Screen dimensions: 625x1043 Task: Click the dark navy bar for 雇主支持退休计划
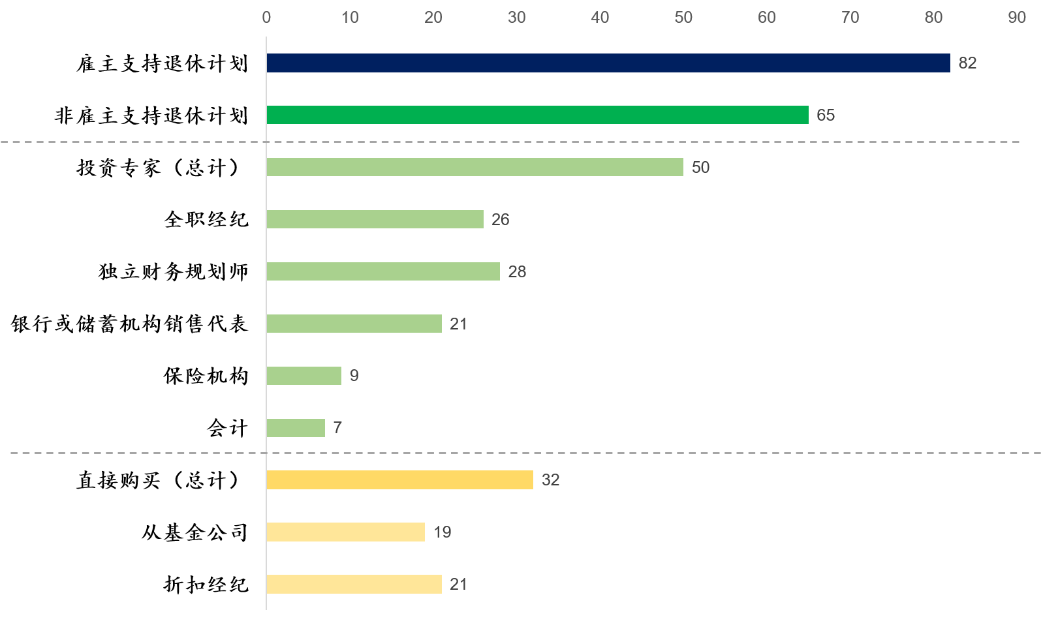[608, 63]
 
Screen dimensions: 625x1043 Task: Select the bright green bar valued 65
[537, 115]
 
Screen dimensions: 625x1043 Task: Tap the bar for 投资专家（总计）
[475, 167]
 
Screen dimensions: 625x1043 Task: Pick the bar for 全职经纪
[375, 219]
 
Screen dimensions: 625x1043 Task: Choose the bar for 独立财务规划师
[383, 271]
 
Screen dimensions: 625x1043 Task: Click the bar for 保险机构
[304, 376]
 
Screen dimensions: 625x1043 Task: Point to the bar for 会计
[296, 428]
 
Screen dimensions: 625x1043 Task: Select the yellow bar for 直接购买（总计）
[399, 480]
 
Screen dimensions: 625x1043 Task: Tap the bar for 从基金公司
[345, 532]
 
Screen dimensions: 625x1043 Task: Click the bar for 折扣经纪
[354, 584]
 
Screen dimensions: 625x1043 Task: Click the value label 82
[967, 63]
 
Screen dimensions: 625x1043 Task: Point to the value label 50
[700, 168]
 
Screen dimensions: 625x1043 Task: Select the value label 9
[354, 376]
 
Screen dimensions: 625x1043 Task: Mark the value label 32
[550, 480]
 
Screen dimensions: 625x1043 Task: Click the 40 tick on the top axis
[600, 18]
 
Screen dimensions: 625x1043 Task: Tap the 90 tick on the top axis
[1016, 18]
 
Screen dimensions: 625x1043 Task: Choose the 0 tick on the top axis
[266, 18]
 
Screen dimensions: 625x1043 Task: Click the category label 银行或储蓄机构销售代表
[129, 324]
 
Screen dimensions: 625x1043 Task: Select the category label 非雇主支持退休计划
[151, 115]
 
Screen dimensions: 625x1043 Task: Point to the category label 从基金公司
[195, 532]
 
